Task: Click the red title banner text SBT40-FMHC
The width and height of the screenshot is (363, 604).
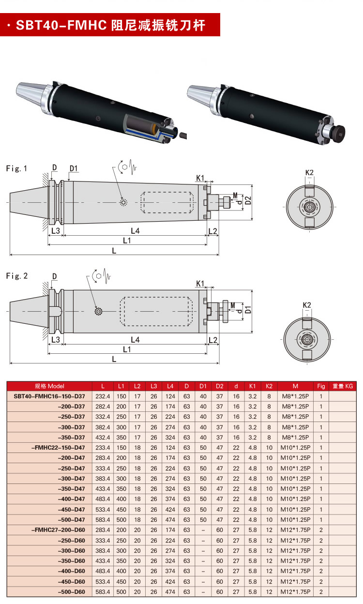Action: pos(61,25)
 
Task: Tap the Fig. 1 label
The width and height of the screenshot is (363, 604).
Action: pos(17,169)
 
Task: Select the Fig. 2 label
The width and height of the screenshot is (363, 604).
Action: pos(17,276)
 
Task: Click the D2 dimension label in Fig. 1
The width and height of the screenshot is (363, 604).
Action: pos(248,200)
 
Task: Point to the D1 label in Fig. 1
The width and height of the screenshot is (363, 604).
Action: pos(74,168)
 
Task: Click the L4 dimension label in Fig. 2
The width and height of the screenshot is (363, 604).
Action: pos(135,340)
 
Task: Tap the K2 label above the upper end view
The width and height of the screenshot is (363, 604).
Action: pos(309,173)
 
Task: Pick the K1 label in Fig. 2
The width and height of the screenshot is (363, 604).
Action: pos(200,284)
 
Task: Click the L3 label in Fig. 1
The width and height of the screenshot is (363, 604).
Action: pos(56,231)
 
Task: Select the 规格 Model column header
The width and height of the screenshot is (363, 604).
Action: pos(49,386)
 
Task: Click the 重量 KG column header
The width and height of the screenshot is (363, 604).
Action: pos(343,386)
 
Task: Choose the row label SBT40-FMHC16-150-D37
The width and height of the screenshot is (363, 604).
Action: pos(49,396)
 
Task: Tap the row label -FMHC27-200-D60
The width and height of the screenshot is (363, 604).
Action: pos(58,530)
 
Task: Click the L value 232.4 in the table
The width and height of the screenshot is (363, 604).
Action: pos(103,396)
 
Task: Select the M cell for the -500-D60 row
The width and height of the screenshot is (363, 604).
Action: pos(295,592)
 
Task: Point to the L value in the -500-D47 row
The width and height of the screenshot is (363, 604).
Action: pos(103,520)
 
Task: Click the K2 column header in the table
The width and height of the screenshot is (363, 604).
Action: pos(269,386)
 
